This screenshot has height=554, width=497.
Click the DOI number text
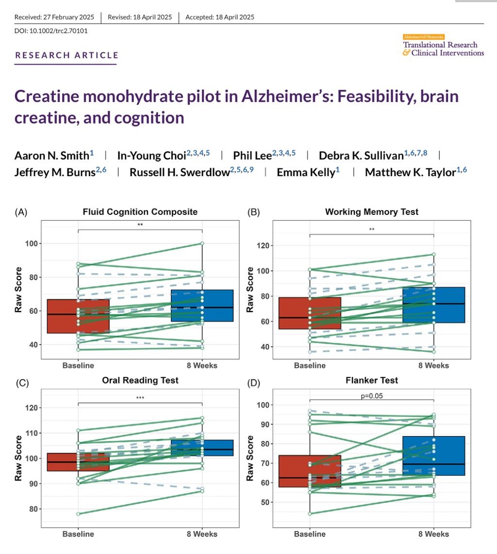(44, 31)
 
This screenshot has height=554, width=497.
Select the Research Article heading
(67, 55)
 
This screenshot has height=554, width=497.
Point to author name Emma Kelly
(306, 172)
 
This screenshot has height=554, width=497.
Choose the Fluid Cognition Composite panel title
(140, 212)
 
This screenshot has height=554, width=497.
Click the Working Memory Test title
(372, 212)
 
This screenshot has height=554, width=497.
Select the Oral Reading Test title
(140, 380)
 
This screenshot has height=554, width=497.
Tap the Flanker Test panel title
(372, 380)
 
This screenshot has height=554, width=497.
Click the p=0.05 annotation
(372, 395)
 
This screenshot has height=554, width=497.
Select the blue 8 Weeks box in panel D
(433, 456)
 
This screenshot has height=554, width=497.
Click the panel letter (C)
(21, 382)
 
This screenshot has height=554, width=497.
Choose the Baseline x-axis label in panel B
(309, 365)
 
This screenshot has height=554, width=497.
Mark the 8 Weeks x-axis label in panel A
(201, 365)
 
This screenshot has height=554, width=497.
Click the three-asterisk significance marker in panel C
(140, 398)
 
